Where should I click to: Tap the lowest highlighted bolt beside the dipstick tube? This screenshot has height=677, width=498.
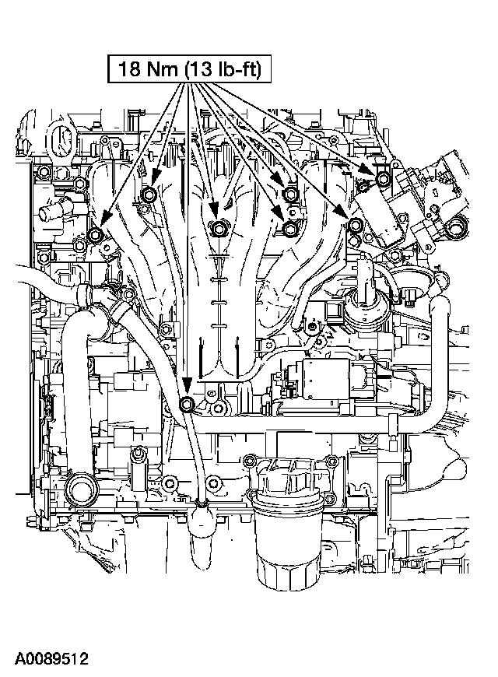[187, 405]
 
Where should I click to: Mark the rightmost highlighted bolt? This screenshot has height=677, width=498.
[383, 180]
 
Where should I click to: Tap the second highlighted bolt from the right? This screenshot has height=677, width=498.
[355, 226]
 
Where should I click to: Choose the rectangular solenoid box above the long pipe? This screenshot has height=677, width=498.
[334, 378]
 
